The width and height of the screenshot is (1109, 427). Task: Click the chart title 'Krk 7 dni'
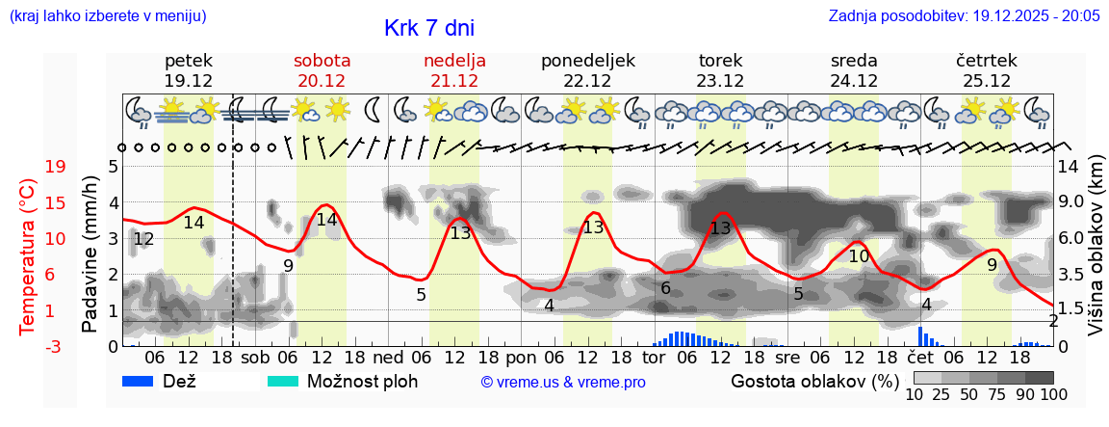428,28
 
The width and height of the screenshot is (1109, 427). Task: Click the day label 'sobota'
322,60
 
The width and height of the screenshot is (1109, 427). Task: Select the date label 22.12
588,81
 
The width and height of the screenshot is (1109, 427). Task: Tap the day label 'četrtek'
987,60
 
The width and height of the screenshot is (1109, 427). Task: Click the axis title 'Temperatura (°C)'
27,256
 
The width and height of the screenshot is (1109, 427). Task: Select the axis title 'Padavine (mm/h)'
90,256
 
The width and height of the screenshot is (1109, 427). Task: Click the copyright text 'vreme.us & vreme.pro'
563,382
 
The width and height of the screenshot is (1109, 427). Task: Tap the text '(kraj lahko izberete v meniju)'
107,16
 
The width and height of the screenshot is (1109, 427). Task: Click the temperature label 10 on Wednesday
859,256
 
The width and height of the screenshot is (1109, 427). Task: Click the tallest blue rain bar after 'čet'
920,336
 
